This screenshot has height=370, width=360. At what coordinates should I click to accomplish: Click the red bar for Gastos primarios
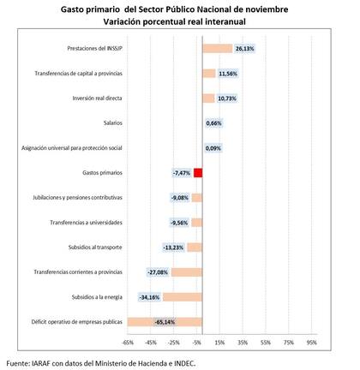coord(198,173)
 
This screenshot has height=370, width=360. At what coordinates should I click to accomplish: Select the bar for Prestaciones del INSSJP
coord(217,49)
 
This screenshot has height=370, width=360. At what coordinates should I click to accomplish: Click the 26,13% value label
coord(244,49)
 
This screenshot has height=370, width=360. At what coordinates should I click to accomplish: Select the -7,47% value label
coord(181,173)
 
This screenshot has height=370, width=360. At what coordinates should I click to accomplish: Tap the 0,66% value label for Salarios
coord(214,123)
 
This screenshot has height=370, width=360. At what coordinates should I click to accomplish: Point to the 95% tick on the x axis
coord(312,342)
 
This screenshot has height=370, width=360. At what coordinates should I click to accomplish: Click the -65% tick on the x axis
coord(128,342)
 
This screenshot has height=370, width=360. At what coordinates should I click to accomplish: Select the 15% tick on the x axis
coord(219,342)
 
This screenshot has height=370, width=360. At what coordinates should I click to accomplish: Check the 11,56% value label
coord(228,74)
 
